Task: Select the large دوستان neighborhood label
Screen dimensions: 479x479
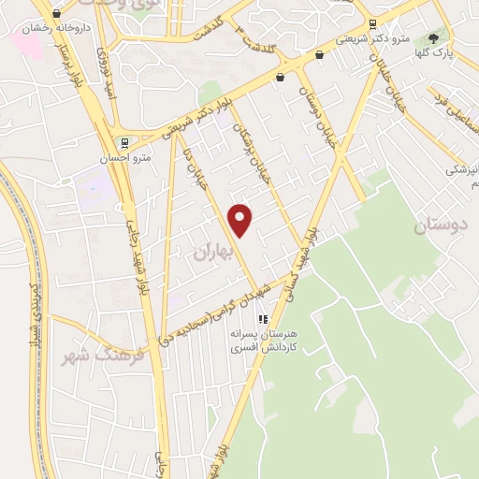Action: point(439,225)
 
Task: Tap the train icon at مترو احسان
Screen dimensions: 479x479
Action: point(138,143)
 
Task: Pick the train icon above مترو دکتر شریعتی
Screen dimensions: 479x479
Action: point(373,25)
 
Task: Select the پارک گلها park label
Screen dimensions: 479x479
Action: point(433,54)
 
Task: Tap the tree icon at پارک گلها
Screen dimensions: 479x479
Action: point(433,38)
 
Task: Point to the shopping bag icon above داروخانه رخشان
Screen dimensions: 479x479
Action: point(57,13)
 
